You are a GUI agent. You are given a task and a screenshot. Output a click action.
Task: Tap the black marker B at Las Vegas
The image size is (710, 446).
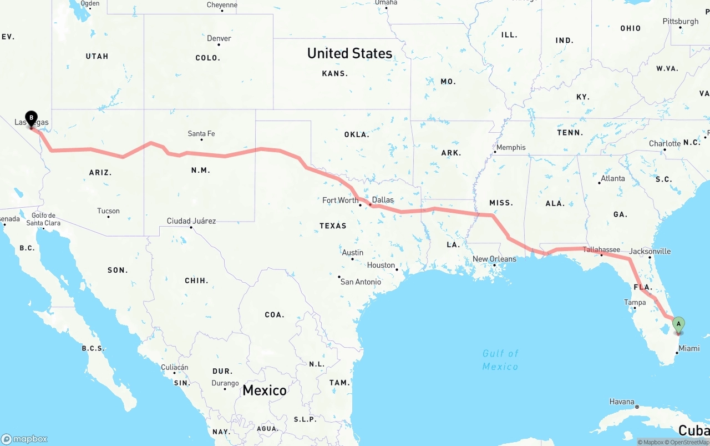click(32, 118)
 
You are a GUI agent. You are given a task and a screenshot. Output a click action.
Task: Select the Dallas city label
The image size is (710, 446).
click(383, 200)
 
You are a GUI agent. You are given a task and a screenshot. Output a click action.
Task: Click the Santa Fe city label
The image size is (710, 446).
click(201, 134)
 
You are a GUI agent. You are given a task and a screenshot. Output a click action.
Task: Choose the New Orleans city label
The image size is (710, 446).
click(494, 259)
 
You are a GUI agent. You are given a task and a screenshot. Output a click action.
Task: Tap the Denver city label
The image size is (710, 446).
click(219, 38)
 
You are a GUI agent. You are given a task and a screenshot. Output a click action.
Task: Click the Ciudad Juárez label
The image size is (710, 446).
click(191, 221)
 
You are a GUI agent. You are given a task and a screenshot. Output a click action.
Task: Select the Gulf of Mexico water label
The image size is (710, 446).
click(500, 359)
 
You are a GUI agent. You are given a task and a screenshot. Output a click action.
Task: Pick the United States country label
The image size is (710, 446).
click(349, 53)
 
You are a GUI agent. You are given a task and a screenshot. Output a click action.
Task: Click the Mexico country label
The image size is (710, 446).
click(265, 390)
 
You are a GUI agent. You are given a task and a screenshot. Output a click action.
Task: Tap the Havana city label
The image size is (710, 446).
click(622, 402)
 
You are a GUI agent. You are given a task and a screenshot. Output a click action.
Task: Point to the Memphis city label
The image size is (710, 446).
click(511, 148)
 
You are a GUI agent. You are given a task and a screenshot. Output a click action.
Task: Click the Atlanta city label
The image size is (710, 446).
click(612, 178)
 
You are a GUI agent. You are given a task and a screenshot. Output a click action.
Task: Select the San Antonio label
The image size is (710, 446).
click(361, 282)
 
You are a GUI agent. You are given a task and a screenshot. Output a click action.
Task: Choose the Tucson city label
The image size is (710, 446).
click(108, 211)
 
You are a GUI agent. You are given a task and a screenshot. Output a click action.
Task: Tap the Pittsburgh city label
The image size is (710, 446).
click(681, 22)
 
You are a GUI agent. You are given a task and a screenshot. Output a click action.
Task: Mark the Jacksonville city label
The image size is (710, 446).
click(650, 251)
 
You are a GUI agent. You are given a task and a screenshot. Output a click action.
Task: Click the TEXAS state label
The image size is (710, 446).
click(333, 226)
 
